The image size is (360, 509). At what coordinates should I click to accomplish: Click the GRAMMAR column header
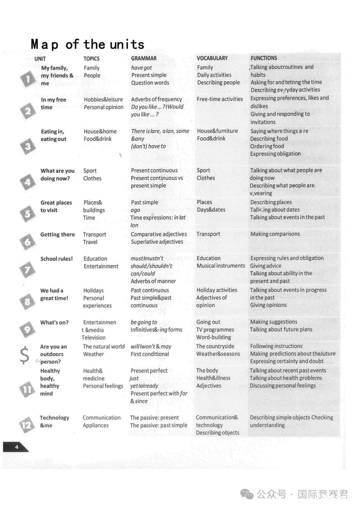144,58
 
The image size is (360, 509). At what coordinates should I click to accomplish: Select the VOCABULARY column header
212,58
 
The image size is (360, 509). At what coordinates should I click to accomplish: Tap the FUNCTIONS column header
264,58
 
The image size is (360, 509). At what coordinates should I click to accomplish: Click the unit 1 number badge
28,79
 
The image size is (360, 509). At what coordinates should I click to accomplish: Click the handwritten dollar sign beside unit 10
24,355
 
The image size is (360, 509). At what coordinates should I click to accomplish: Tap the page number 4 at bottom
16,447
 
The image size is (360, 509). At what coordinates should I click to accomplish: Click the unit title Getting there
57,235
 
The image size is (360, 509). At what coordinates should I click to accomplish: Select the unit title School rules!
56,258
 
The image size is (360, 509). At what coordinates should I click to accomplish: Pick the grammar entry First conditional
150,354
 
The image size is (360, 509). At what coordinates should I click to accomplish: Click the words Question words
150,83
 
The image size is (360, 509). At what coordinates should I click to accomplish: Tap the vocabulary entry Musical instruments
221,266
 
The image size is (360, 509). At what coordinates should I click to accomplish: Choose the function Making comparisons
275,234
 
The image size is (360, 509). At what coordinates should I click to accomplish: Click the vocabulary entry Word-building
213,337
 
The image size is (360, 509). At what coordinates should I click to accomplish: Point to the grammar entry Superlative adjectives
157,242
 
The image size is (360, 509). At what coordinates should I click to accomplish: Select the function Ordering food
267,146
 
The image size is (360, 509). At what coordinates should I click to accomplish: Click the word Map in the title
45,44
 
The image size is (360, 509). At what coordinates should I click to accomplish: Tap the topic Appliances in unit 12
96,425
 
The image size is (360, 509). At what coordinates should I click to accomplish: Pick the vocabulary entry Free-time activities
220,99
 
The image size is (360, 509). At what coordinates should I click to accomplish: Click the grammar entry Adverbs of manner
153,281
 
